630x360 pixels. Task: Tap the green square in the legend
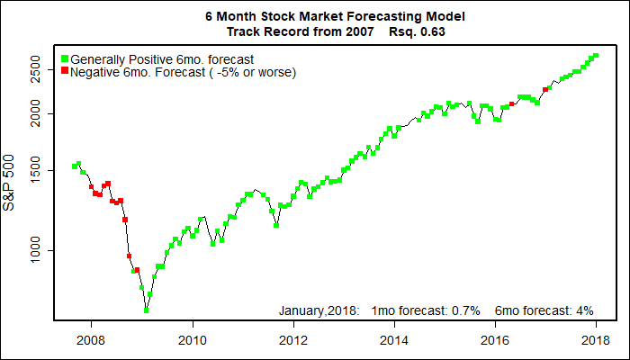64,58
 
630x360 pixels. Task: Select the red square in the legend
64,71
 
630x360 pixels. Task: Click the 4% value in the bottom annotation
584,310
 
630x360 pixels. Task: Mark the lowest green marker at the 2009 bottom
146,310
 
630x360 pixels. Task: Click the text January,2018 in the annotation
319,310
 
